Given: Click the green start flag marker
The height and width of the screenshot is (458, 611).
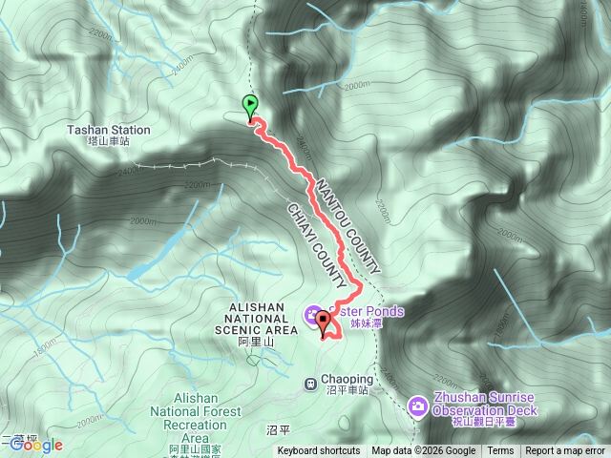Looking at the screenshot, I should click(250, 105).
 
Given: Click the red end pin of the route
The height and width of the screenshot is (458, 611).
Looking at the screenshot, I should click(323, 322).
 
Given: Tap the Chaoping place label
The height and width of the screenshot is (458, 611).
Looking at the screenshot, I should click(347, 379).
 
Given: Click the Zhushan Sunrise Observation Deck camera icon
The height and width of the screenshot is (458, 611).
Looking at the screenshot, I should click(418, 406).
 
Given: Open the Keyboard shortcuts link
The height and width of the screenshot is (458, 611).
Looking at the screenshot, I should click(319, 451).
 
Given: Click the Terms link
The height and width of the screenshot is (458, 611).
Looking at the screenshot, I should click(500, 451).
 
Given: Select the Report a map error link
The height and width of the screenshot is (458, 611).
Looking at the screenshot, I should click(565, 451).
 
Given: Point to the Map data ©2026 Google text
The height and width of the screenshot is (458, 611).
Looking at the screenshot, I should click(424, 451).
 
